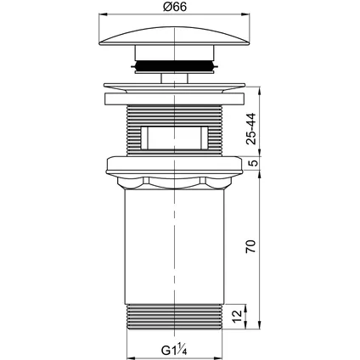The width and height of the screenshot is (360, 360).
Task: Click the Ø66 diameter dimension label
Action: (175, 7)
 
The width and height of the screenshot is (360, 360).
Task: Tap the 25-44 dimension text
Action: (250, 129)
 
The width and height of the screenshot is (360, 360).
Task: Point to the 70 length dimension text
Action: (250, 246)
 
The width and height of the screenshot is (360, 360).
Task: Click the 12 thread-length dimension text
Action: (239, 316)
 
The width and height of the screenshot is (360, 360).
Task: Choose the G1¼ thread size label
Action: (174, 351)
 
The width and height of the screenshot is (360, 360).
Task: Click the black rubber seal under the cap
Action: (174, 65)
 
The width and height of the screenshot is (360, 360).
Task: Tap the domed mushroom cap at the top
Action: (175, 36)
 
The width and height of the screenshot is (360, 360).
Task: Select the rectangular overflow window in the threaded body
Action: (174, 138)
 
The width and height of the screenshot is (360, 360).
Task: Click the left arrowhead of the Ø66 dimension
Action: (103, 14)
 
